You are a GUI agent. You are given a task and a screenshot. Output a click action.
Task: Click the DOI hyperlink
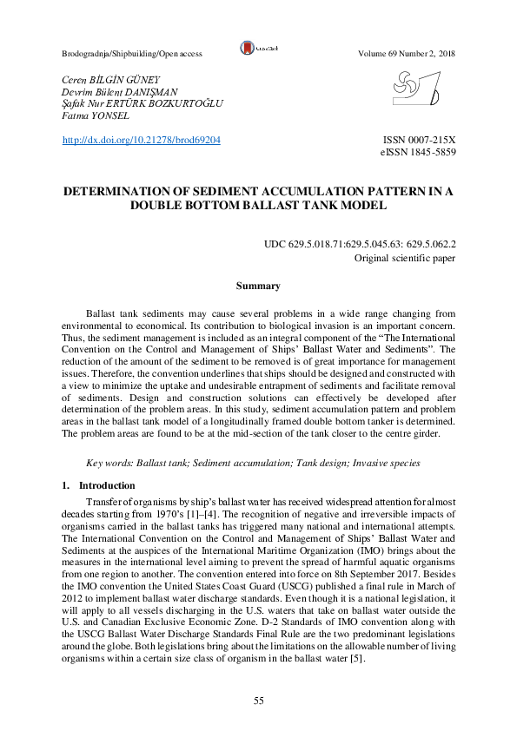(x=143, y=139)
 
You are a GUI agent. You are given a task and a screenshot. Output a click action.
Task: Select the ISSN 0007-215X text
(x=419, y=139)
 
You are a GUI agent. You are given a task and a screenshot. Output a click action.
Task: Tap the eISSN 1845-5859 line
(x=419, y=152)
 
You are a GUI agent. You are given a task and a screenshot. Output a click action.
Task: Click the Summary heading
(x=258, y=286)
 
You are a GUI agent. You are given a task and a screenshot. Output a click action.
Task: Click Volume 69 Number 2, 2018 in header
(x=407, y=54)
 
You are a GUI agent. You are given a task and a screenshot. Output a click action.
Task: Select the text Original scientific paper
(x=406, y=259)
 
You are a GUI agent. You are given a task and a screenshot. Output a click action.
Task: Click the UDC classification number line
(x=361, y=246)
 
